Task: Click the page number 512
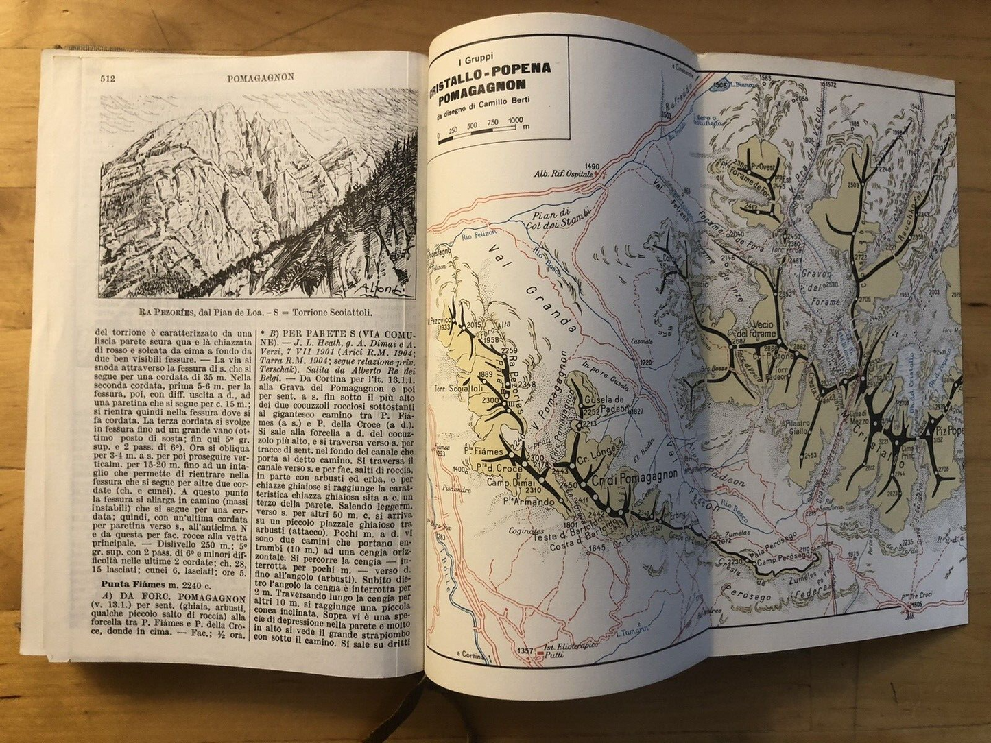tap(106, 78)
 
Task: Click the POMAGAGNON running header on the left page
tap(260, 77)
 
